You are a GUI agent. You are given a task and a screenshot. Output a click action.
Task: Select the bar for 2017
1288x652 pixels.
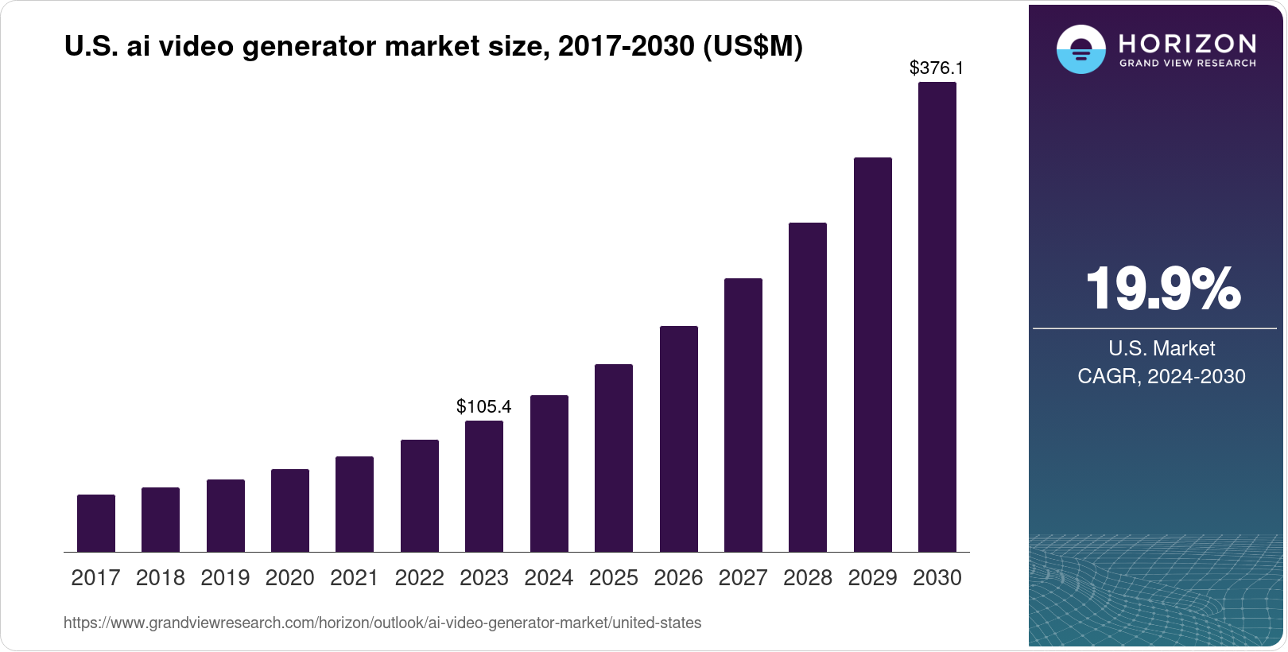[x=96, y=523]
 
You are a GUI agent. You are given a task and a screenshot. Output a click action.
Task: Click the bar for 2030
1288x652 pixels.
[x=937, y=318]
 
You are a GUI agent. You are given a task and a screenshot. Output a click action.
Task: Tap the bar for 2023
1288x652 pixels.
[x=484, y=487]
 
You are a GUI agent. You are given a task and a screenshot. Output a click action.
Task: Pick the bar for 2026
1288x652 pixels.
[x=679, y=439]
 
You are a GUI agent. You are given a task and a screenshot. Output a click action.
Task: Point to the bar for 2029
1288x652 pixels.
[x=873, y=355]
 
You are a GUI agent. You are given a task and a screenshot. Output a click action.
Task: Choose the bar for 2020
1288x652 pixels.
[x=290, y=510]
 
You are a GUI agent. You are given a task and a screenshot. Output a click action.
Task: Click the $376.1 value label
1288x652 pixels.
[x=937, y=68]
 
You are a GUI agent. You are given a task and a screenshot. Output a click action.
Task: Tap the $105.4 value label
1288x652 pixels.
[x=483, y=407]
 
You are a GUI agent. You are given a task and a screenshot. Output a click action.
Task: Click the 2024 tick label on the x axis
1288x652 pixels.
[x=549, y=578]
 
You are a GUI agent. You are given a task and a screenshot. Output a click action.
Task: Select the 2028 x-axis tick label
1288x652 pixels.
[x=808, y=578]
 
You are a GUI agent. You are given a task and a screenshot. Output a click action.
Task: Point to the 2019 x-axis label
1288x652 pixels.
[x=225, y=578]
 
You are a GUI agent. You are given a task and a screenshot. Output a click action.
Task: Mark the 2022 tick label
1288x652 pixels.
[x=419, y=578]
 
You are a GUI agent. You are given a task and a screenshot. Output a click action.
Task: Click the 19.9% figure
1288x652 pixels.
[x=1162, y=289]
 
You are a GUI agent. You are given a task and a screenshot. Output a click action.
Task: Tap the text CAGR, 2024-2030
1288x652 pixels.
[x=1161, y=376]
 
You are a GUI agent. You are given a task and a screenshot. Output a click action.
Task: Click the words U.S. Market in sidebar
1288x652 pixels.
[x=1162, y=348]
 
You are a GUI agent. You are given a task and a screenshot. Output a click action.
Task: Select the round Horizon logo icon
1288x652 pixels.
[x=1080, y=49]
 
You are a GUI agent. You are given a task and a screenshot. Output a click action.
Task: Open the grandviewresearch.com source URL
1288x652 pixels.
[x=382, y=623]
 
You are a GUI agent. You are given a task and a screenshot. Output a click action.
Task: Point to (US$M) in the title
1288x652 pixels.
[x=753, y=47]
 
